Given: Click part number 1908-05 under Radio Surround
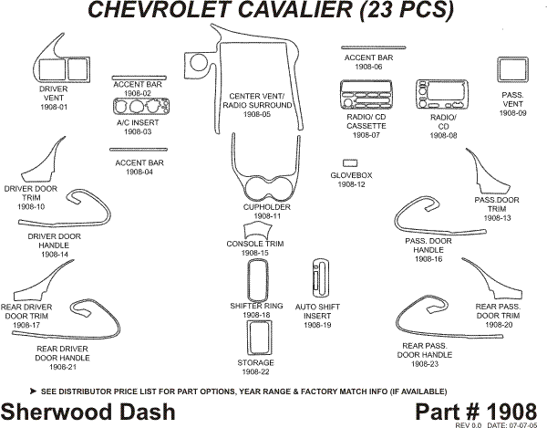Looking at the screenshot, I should pyautogui.click(x=256, y=115).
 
